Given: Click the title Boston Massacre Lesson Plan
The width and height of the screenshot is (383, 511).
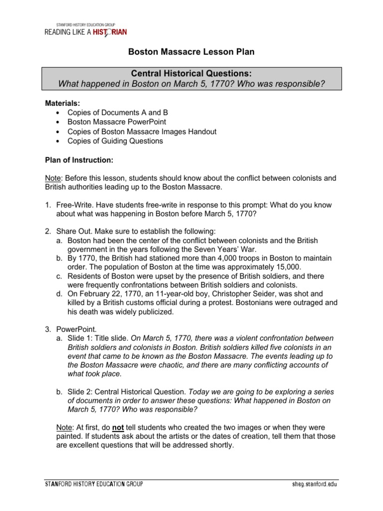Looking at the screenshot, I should click(191, 51).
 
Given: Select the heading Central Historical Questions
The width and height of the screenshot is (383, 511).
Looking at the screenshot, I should click(191, 73).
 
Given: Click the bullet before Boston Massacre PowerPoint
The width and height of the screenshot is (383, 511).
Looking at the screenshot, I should click(58, 122).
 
